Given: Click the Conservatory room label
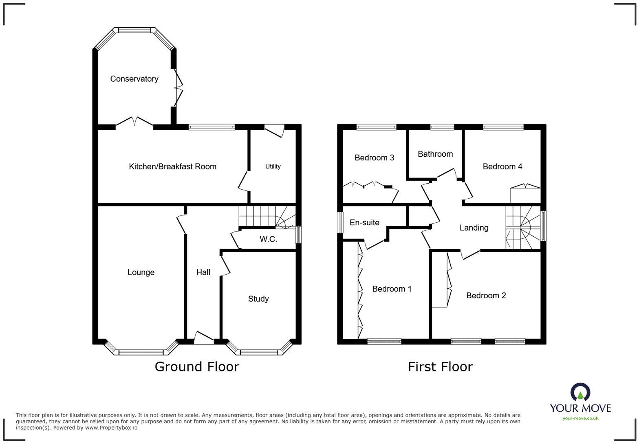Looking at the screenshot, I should [134, 79].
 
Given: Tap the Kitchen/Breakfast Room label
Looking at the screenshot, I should [172, 166].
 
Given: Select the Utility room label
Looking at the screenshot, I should [273, 166].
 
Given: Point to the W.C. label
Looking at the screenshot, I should [268, 239].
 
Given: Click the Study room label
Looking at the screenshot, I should [258, 299].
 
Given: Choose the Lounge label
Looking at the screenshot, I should [141, 272].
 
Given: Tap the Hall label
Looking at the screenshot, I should [203, 272].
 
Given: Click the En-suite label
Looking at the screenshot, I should [364, 222].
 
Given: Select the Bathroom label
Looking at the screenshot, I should [435, 154].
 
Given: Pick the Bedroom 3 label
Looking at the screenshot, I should [374, 158].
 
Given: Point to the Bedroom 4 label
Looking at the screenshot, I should [502, 166].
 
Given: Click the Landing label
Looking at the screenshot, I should [474, 228].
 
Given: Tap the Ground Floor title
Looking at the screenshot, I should [196, 366].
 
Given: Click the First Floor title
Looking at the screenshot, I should [440, 366].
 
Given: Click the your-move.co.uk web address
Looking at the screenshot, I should [580, 418].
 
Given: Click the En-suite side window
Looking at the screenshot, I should [340, 222].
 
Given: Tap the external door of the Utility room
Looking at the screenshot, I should [274, 131].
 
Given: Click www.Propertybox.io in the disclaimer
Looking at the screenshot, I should [111, 428].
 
